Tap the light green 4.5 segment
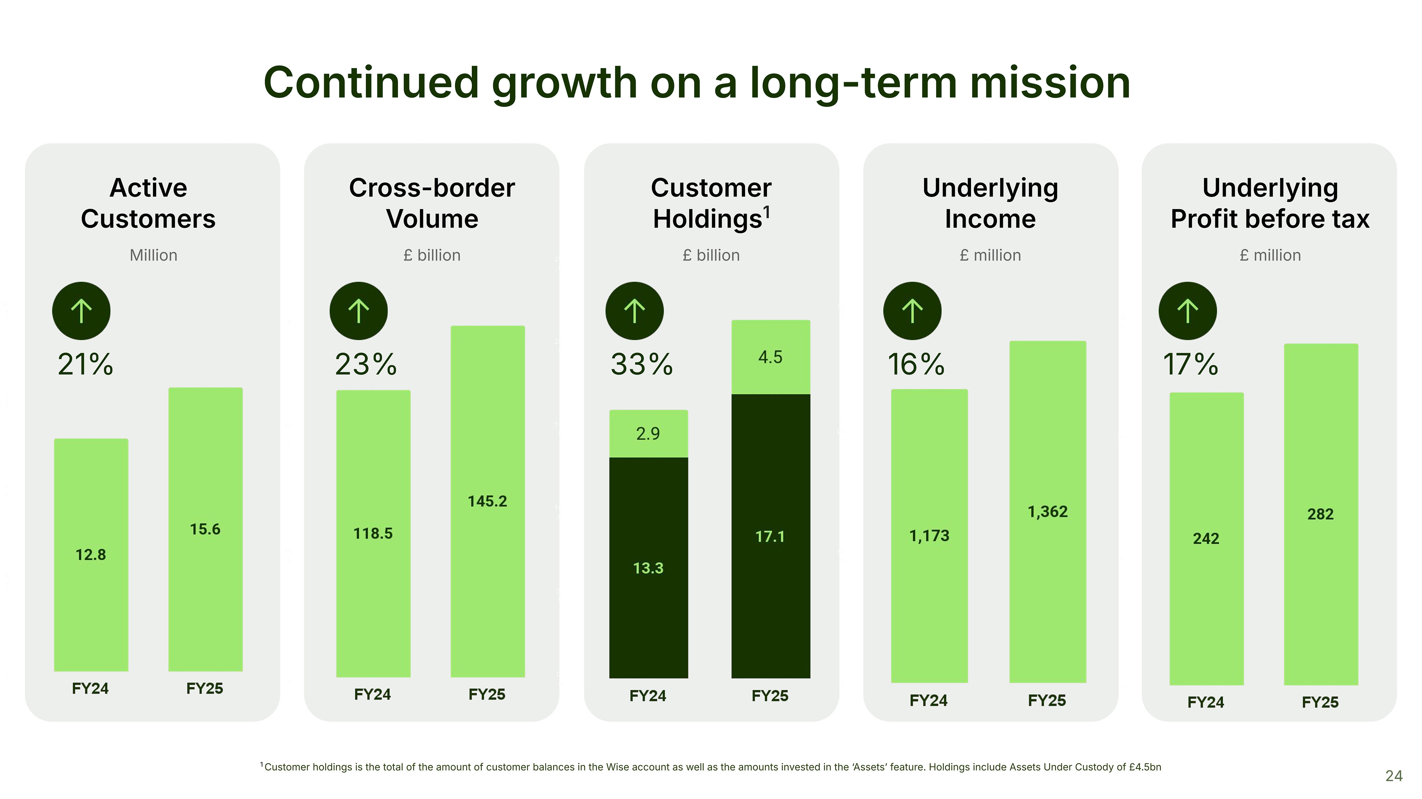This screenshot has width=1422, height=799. (x=771, y=357)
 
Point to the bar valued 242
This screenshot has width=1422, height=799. (x=1206, y=538)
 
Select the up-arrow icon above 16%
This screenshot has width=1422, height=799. (x=912, y=310)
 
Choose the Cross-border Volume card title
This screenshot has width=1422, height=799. (x=432, y=203)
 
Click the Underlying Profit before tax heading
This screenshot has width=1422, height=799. (x=1270, y=203)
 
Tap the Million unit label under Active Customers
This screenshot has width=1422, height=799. (x=153, y=255)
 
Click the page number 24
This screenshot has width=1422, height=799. (x=1393, y=776)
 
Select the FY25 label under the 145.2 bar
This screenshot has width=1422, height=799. (x=487, y=694)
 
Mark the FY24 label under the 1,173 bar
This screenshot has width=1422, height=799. (x=928, y=700)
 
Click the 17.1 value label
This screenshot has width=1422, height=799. (x=770, y=536)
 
